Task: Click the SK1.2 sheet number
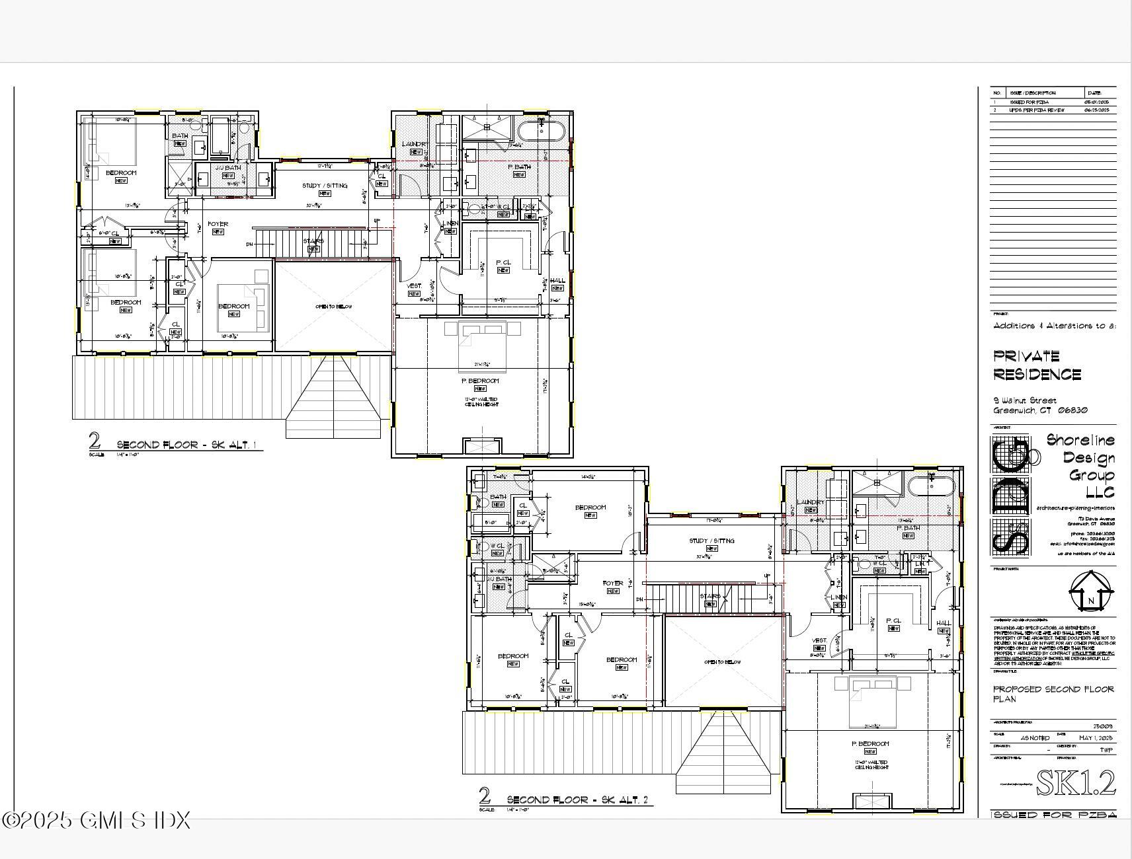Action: pyautogui.click(x=1075, y=783)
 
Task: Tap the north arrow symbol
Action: pyautogui.click(x=1090, y=591)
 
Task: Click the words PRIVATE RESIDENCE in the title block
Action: pyautogui.click(x=1037, y=365)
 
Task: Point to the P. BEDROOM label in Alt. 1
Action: pyautogui.click(x=480, y=381)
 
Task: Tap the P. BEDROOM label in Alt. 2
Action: pyautogui.click(x=869, y=744)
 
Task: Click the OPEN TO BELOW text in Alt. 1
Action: pyautogui.click(x=333, y=307)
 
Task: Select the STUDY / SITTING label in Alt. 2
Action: pyautogui.click(x=711, y=541)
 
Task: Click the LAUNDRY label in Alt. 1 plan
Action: pyautogui.click(x=415, y=144)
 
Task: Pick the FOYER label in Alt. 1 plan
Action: pyautogui.click(x=218, y=224)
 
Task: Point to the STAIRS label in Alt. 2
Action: pyautogui.click(x=711, y=596)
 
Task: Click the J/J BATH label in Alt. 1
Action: pyautogui.click(x=228, y=168)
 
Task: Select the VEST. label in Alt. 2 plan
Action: pyautogui.click(x=819, y=640)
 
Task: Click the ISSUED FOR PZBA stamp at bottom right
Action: pyautogui.click(x=1053, y=815)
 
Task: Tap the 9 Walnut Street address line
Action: pyautogui.click(x=1024, y=400)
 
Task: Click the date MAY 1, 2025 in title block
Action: pyautogui.click(x=1095, y=737)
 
